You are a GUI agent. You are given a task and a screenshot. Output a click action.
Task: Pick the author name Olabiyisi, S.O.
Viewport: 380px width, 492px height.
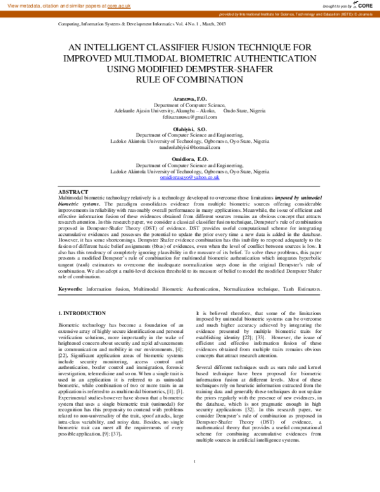189,129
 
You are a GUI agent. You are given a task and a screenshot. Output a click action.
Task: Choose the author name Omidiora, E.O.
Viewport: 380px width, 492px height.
189,157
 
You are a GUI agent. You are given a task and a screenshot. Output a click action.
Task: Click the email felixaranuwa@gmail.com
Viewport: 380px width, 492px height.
189,117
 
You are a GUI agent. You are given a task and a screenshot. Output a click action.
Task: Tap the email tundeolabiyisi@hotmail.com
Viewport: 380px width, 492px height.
189,146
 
